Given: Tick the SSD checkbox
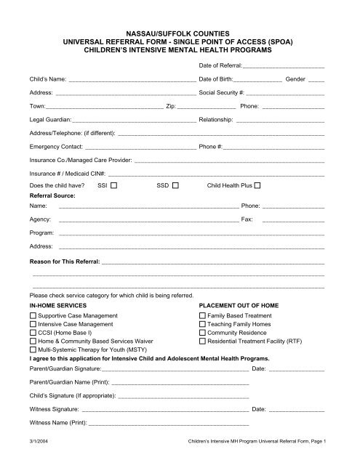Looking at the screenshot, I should point(175,186).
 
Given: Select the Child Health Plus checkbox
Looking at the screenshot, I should point(257,186).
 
